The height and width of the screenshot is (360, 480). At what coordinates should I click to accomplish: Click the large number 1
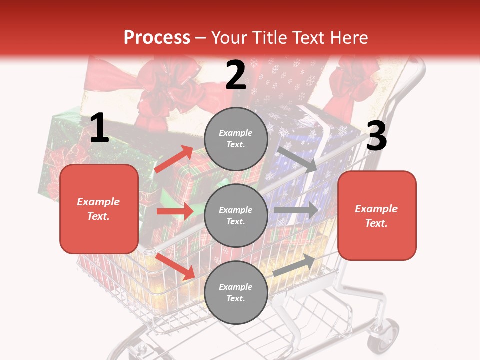coord(99,128)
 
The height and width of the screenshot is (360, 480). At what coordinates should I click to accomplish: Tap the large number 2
coord(236,75)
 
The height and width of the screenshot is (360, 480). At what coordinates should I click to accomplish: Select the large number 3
coord(376,136)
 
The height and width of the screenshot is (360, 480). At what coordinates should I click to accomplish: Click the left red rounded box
coord(99,209)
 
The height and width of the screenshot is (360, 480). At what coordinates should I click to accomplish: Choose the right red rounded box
coord(377,215)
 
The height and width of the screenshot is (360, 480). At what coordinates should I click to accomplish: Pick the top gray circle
coord(236,139)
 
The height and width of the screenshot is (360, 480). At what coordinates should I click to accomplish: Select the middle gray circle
coord(236,215)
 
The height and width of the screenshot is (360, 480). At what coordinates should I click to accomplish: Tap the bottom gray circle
coord(236,292)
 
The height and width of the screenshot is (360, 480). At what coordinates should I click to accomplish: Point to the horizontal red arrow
coord(175,211)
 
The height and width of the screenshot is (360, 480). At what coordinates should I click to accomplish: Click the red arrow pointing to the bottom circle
coord(175,266)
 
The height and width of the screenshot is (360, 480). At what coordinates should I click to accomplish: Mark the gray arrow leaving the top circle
coord(298,159)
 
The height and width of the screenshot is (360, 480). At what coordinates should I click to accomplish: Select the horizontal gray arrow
coord(296,210)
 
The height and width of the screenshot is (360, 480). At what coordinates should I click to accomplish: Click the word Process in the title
coord(157,37)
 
